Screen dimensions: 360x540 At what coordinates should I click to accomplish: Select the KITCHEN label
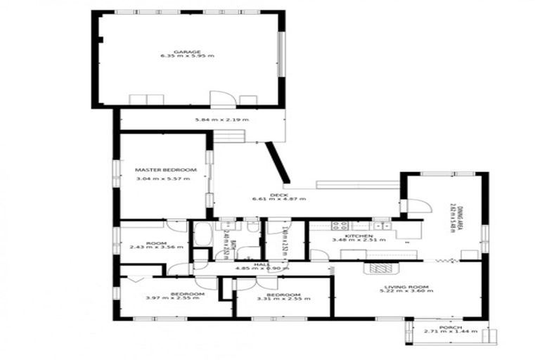tap(349, 236)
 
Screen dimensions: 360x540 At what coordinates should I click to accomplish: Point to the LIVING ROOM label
tap(408, 286)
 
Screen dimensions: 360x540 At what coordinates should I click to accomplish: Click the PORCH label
tap(450, 326)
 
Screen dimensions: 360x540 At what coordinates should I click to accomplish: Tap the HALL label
tap(262, 264)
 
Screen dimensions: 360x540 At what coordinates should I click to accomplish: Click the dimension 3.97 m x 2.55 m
tap(172, 298)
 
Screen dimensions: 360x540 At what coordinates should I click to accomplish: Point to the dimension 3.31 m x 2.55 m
tap(283, 298)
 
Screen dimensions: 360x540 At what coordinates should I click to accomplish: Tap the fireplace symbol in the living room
tap(380, 268)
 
